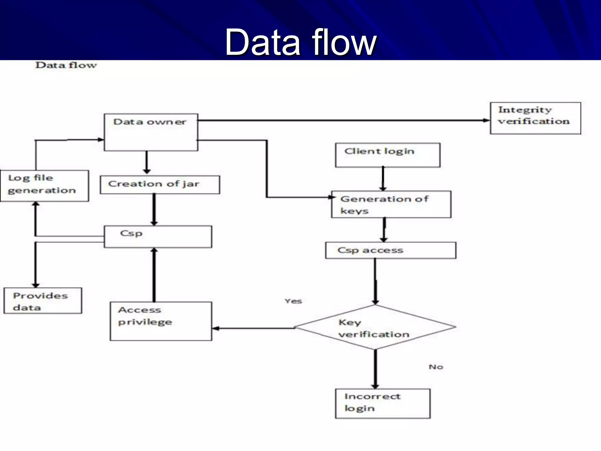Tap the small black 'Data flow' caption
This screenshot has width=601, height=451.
(66, 65)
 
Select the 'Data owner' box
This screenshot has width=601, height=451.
(151, 132)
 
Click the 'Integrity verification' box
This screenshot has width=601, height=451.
(535, 118)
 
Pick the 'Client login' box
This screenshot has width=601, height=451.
(388, 155)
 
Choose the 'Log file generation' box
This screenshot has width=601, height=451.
(45, 186)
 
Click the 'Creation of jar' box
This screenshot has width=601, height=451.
(160, 185)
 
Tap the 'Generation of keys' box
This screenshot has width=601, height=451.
(391, 204)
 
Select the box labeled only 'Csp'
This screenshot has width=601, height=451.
(158, 237)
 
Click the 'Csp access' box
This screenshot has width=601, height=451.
(391, 250)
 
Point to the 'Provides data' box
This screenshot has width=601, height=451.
(43, 301)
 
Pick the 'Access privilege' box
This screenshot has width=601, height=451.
(161, 321)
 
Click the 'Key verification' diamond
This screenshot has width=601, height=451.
(375, 327)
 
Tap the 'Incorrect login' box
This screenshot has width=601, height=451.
(383, 403)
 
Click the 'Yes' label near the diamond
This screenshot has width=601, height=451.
(293, 301)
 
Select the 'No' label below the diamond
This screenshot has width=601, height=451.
(436, 367)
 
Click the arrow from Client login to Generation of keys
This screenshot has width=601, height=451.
(383, 179)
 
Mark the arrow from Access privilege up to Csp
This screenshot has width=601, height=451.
(154, 275)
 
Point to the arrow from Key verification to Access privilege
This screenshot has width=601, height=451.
(254, 328)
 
